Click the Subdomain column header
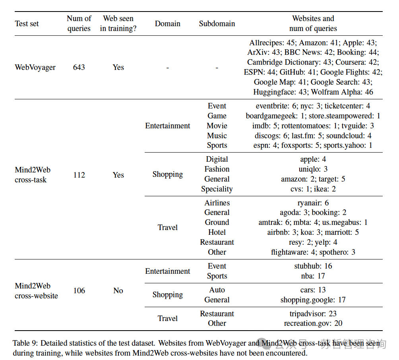tap(217, 23)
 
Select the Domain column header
tap(167, 23)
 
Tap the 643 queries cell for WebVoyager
tap(79, 67)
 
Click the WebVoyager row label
tap(35, 67)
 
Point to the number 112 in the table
tap(79, 175)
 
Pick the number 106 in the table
tap(79, 290)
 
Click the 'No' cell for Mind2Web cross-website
tap(118, 290)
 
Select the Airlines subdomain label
tap(217, 203)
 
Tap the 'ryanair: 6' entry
tap(313, 203)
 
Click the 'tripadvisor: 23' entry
tap(313, 314)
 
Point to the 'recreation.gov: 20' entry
tap(313, 323)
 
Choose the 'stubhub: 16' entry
tap(313, 266)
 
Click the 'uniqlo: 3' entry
tap(313, 169)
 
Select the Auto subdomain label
tap(217, 290)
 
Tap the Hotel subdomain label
tap(217, 232)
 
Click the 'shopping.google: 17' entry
tap(313, 300)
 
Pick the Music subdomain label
tap(217, 135)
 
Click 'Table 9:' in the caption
tap(25, 343)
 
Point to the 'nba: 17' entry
tap(313, 276)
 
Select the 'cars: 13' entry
tap(313, 290)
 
